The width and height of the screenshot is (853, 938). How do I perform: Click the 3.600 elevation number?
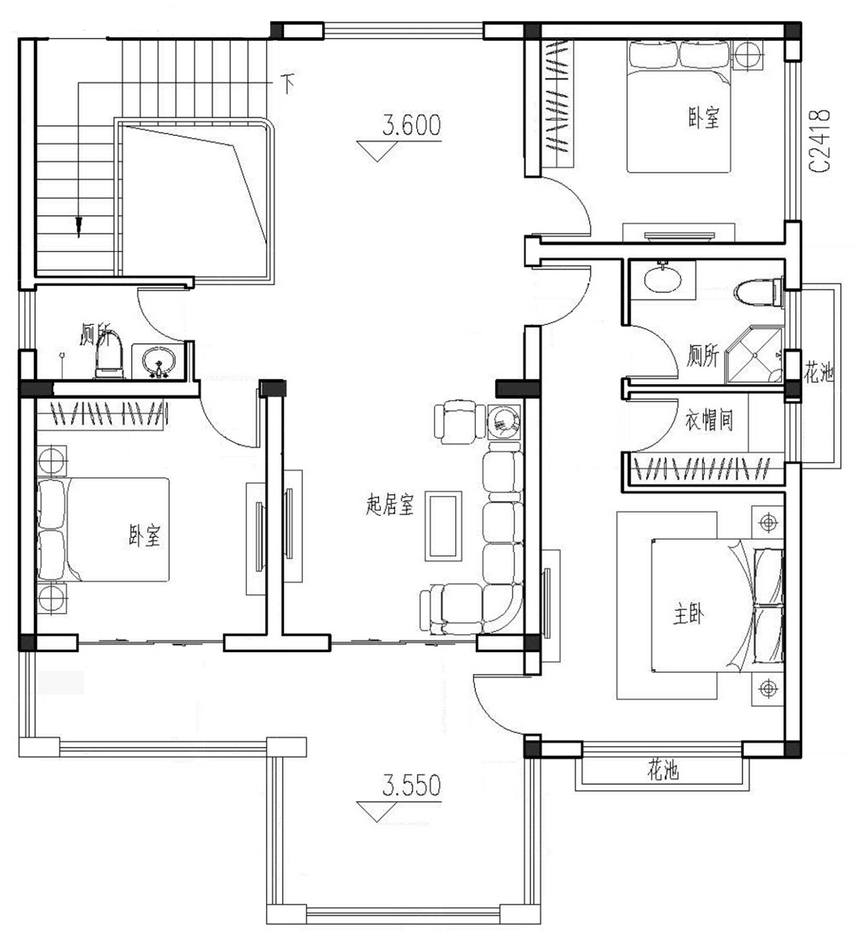(412, 125)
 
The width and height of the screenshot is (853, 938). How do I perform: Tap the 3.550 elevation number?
(412, 786)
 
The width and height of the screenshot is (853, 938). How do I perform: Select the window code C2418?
(820, 141)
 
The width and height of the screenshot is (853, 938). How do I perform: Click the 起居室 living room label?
(390, 505)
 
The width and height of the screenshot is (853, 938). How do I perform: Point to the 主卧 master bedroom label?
(688, 615)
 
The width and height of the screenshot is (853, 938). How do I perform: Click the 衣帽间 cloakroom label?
(709, 420)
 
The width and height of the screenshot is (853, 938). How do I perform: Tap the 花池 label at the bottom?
(663, 769)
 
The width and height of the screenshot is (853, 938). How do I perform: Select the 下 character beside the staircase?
(287, 83)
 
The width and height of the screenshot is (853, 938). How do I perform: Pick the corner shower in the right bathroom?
(755, 355)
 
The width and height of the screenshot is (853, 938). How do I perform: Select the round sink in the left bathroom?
(158, 361)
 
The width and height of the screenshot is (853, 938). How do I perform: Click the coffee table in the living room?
(443, 526)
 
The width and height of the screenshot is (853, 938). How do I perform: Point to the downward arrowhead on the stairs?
(79, 227)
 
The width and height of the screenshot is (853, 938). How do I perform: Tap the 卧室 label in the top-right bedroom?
(704, 117)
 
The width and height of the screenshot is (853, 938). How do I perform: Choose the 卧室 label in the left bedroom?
(144, 535)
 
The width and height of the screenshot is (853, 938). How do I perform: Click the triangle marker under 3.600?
(376, 149)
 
